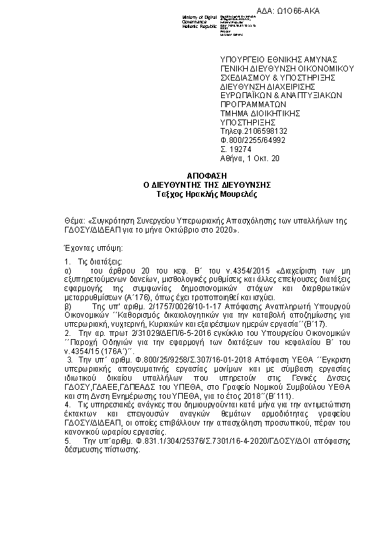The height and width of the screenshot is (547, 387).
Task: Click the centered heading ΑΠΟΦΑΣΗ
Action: [207, 177]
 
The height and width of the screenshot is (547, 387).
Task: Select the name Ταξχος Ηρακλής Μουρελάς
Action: [207, 194]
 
